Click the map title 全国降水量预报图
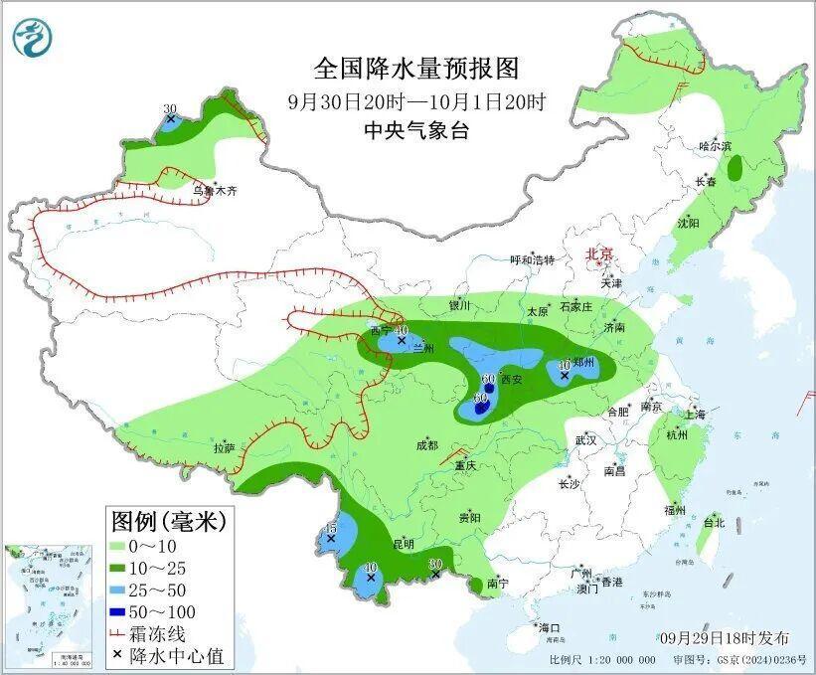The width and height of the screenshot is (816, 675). (x=416, y=69)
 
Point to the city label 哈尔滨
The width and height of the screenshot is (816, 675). (x=715, y=145)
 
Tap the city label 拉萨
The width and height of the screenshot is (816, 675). (x=223, y=448)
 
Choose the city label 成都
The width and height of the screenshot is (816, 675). (x=427, y=444)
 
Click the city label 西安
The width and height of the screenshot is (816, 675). (x=511, y=379)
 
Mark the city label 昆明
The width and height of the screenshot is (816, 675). (x=404, y=544)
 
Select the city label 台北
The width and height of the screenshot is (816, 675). (x=714, y=522)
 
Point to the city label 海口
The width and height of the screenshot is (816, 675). (x=550, y=628)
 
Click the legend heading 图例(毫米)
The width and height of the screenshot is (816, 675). (x=168, y=520)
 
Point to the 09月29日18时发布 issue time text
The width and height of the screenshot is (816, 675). (x=724, y=637)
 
